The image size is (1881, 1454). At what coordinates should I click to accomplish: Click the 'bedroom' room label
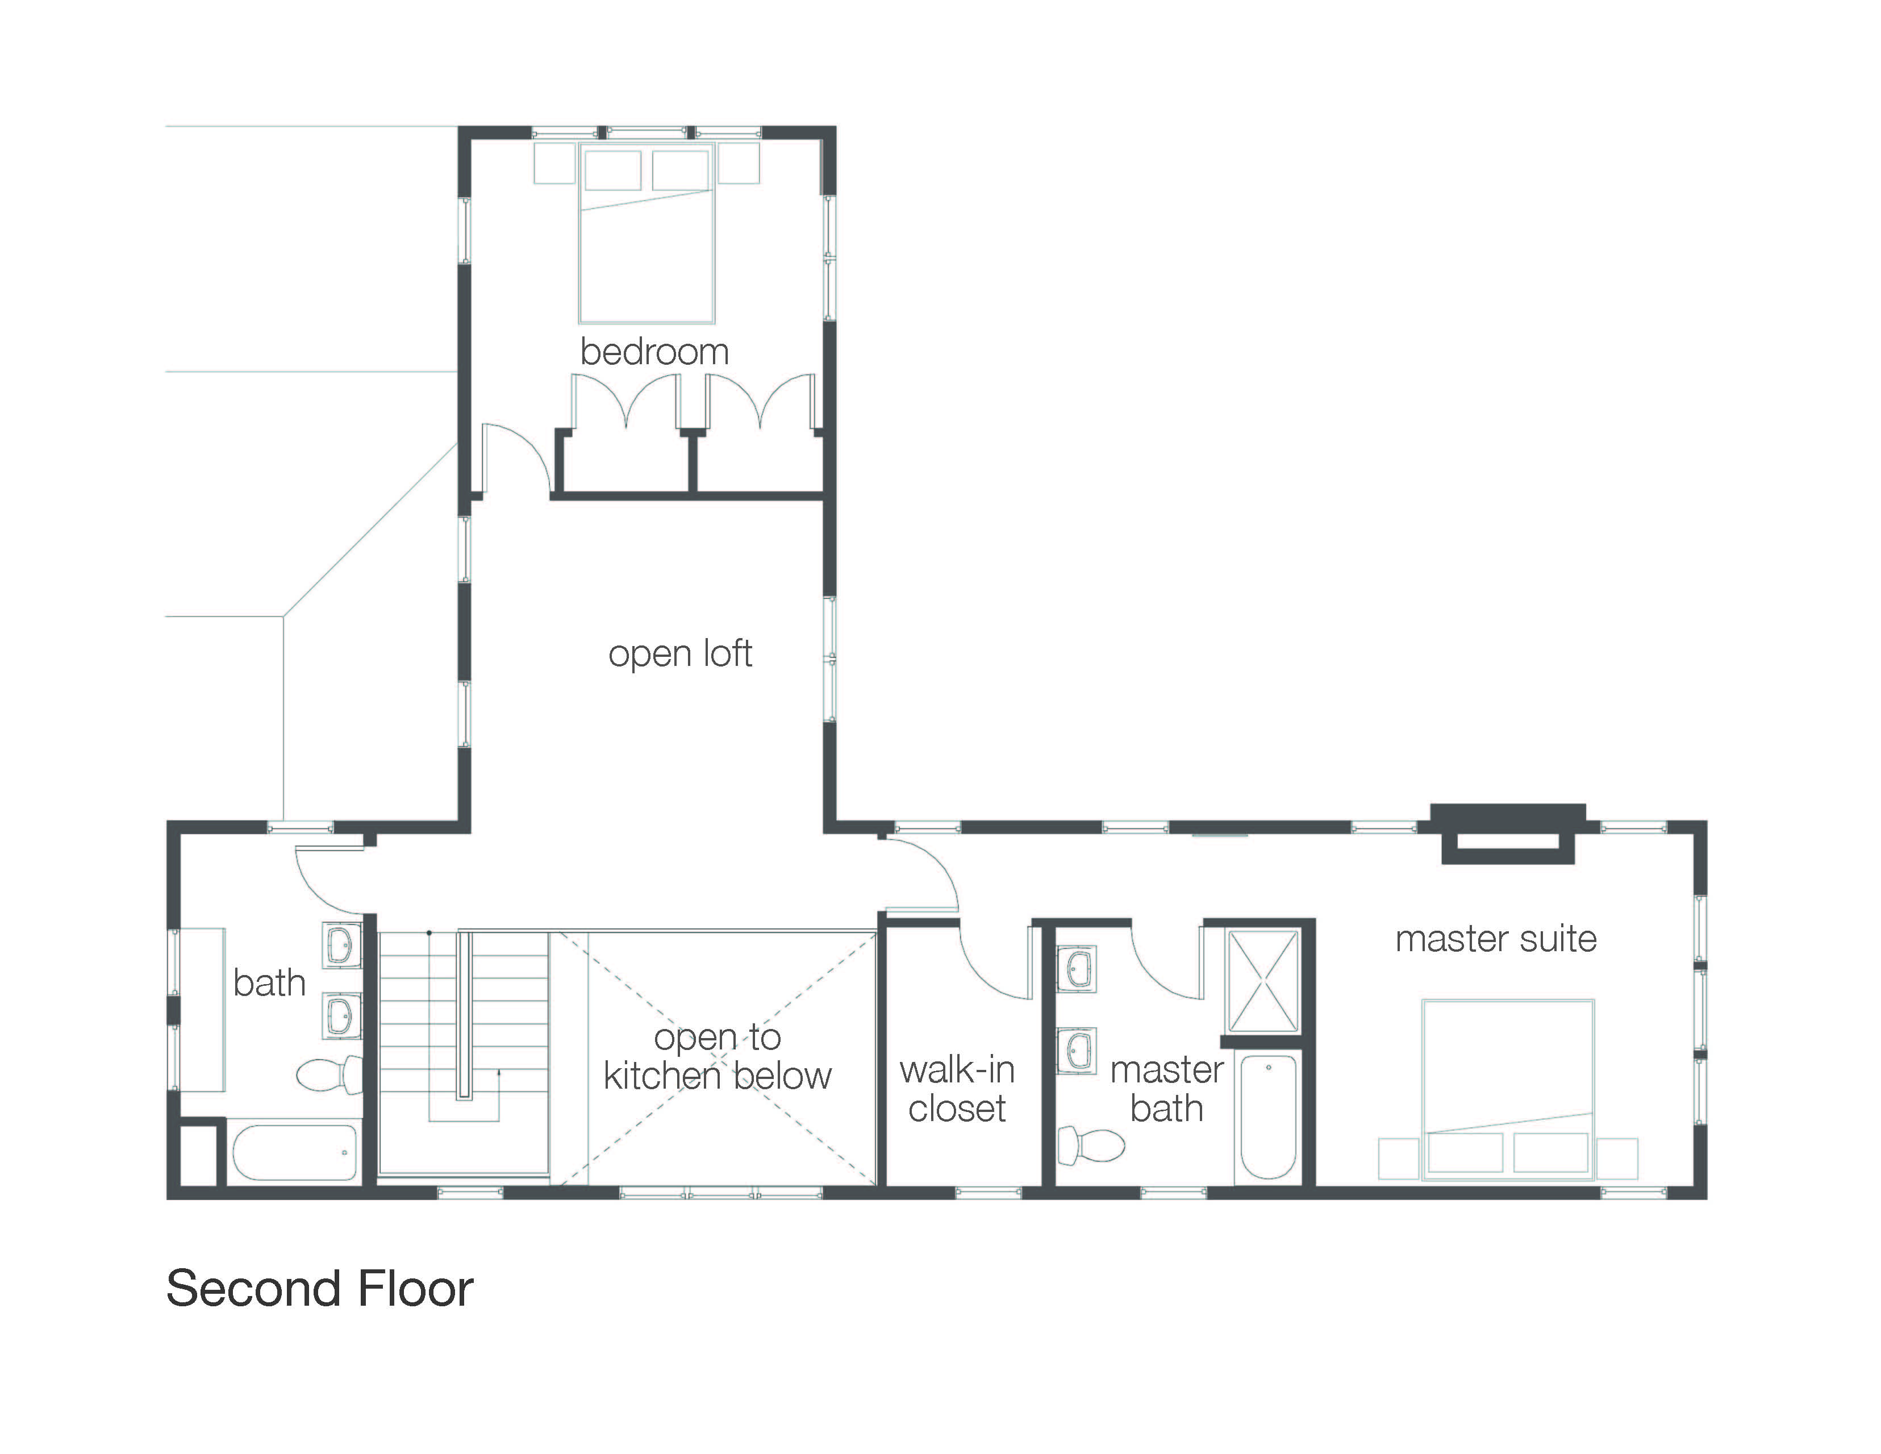[x=654, y=352]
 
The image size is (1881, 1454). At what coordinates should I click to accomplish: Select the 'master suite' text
[x=1496, y=938]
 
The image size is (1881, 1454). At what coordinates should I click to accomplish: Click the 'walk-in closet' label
[x=957, y=1089]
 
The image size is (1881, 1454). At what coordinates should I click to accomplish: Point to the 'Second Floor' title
[x=319, y=1289]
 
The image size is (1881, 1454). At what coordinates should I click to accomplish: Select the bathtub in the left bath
[x=294, y=1152]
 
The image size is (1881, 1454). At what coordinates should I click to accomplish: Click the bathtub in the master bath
[x=1269, y=1117]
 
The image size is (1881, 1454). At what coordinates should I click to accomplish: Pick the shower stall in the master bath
[x=1262, y=981]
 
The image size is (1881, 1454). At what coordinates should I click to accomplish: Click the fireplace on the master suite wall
[x=1508, y=834]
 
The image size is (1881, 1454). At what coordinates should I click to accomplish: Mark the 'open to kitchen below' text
[x=718, y=1056]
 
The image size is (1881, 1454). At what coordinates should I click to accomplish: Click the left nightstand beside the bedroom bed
[x=554, y=163]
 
